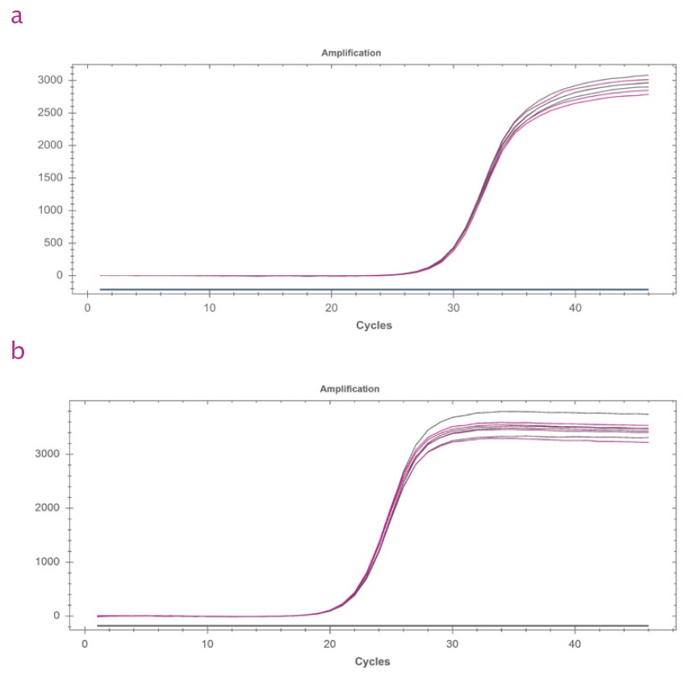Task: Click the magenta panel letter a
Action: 17,16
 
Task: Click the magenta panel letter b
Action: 17,350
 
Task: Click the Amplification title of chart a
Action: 351,53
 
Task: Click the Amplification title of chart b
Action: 349,389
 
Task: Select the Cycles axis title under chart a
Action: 374,325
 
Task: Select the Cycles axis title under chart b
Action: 373,662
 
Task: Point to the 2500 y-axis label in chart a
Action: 50,112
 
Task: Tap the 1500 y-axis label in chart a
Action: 50,178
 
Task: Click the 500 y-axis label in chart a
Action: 53,243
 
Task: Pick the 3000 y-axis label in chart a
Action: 50,80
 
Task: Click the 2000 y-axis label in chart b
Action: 48,508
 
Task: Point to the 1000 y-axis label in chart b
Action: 48,562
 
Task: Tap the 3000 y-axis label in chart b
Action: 48,453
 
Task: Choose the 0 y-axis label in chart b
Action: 56,616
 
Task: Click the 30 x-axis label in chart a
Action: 454,307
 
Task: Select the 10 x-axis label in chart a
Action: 209,307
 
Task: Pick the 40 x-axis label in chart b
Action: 575,644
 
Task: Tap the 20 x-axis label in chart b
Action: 330,644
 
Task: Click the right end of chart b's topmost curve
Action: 648,414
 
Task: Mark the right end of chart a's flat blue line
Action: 648,290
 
